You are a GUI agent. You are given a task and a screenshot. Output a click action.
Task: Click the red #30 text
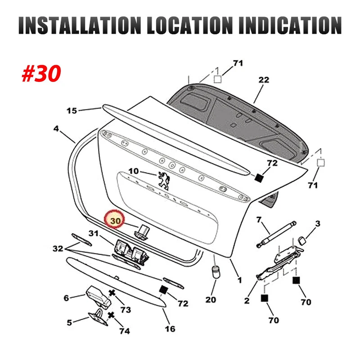coord(41,73)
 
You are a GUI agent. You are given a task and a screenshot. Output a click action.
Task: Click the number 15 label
coord(72,111)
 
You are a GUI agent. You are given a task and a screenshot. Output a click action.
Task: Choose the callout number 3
coord(317,224)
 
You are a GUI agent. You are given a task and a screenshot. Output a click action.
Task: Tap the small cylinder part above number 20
coord(215,272)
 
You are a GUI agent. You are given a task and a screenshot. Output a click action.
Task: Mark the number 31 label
coord(93,233)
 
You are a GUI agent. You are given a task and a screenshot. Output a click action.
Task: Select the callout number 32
coord(58,248)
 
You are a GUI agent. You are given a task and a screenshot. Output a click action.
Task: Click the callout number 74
coord(124,331)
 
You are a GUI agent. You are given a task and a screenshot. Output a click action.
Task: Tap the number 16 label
coord(170,329)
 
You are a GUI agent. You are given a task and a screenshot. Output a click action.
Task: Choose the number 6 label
coord(66,298)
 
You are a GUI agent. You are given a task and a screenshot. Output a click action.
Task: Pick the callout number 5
coord(69,322)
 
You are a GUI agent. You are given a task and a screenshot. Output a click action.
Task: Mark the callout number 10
coord(134,171)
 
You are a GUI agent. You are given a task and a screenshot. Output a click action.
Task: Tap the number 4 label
coord(56,129)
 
